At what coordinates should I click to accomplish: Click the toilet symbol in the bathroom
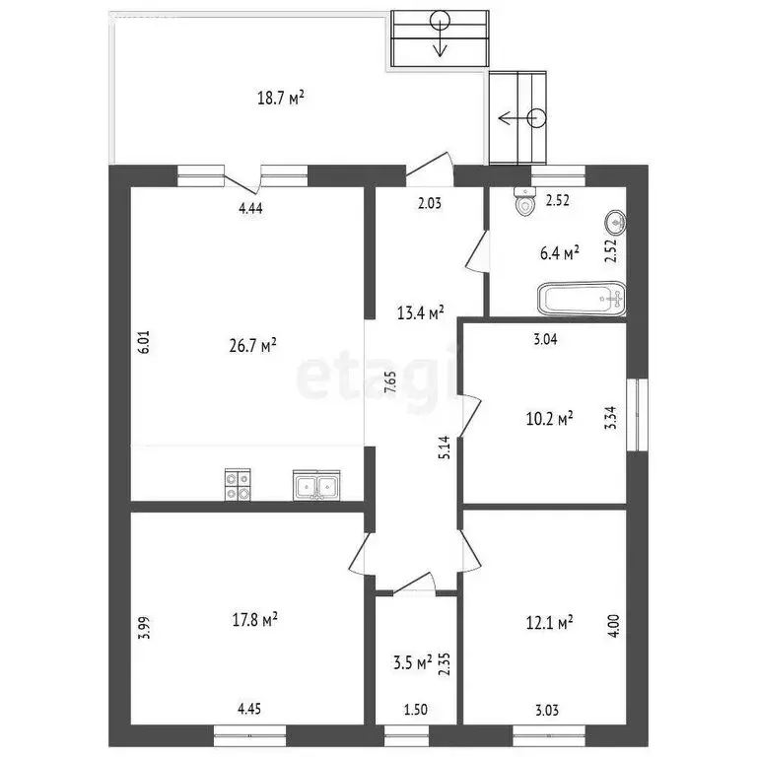pos(523,202)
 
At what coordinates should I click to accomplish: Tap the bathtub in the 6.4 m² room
pos(582,298)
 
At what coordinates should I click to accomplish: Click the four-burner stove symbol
pos(239,484)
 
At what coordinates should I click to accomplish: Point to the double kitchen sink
pos(316,485)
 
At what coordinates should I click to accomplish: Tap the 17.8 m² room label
pos(251,619)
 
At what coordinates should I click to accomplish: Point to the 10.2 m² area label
pos(549,418)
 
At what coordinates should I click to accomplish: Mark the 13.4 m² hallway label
pos(420,312)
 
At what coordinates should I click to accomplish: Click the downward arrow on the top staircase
pos(440,34)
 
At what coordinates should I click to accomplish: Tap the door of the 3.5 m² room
pos(415,587)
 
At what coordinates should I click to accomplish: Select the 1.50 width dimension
pos(414,708)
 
